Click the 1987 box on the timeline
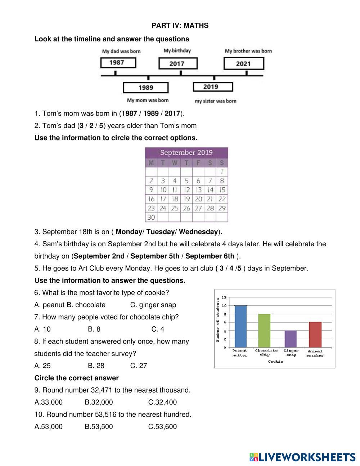[118, 63]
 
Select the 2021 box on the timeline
[243, 64]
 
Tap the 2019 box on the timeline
[212, 87]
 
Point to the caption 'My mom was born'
[148, 100]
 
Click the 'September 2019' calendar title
[186, 152]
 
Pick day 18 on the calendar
[175, 199]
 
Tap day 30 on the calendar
[151, 217]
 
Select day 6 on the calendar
[198, 181]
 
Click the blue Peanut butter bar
[240, 326]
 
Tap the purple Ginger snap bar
[291, 339]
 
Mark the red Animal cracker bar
[315, 335]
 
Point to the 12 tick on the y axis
[224, 297]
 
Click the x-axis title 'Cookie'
[275, 361]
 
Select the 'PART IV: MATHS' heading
[180, 26]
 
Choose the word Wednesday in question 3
[198, 232]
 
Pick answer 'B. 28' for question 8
[96, 366]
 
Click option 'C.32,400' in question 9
[162, 402]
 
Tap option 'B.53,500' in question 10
[99, 427]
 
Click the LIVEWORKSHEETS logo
[302, 457]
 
